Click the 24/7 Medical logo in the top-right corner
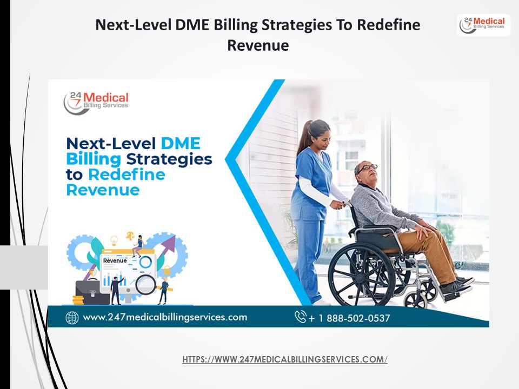(483, 25)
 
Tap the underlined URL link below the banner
(285, 359)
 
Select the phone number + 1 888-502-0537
(349, 318)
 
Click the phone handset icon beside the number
(301, 317)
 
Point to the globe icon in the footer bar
(72, 318)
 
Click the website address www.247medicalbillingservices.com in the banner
(165, 317)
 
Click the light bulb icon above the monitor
(114, 240)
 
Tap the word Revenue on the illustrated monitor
(115, 260)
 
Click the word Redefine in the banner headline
(127, 175)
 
